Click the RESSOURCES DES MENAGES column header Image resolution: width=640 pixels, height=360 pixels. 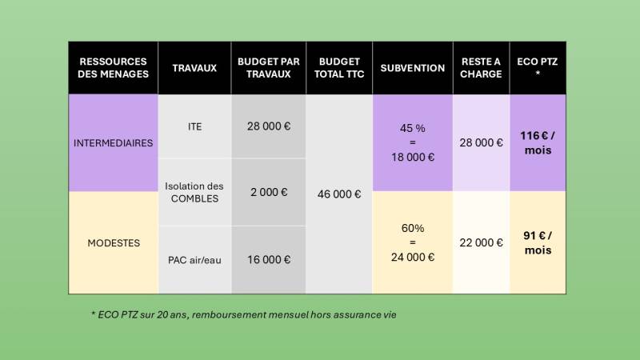point(114,68)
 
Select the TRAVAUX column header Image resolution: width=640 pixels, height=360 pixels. point(194,68)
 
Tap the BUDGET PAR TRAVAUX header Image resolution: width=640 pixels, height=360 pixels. point(269,68)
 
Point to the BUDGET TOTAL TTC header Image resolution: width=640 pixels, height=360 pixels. point(339,68)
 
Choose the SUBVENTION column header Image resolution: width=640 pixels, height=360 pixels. point(412,68)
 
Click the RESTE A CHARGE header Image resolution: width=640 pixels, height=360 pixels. point(482,68)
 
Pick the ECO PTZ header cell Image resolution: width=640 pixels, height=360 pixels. point(538,68)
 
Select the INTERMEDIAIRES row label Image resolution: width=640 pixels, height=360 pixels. point(113,143)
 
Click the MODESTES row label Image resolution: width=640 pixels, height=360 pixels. point(113,242)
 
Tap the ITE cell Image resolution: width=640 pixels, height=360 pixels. point(194,126)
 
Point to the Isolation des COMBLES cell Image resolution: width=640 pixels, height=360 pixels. point(194,192)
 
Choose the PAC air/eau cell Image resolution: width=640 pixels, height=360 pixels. point(194,259)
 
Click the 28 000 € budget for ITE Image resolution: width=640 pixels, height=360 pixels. point(269,126)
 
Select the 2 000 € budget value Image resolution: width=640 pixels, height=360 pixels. point(269,192)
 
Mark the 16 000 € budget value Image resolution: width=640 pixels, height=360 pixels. point(269,259)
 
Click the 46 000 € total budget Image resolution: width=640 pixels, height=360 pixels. point(339,194)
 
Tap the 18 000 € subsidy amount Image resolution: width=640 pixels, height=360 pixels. point(412,157)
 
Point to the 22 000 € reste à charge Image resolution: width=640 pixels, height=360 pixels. point(482,242)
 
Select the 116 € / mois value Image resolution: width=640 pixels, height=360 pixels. point(538,143)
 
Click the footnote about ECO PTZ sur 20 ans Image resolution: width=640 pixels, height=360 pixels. point(244,314)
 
